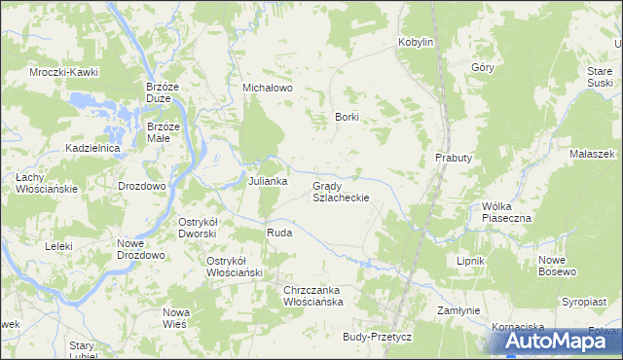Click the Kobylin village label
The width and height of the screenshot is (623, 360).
coord(415,43)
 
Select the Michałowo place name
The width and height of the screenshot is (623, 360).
coord(268,88)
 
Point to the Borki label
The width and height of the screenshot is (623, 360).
coord(348,117)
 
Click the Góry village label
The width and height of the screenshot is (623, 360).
coord(483,68)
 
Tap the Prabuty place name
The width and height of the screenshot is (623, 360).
coord(454,158)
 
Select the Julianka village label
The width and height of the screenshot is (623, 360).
coord(267,182)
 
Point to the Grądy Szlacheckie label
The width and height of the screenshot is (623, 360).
coord(340,191)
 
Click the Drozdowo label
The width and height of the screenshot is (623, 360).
coord(142,185)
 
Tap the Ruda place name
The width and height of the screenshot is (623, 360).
coord(279,234)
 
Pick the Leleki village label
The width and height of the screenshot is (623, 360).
coord(58,246)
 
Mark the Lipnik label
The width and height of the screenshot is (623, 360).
coord(470,262)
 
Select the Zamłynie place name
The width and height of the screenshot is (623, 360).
coord(458,310)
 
